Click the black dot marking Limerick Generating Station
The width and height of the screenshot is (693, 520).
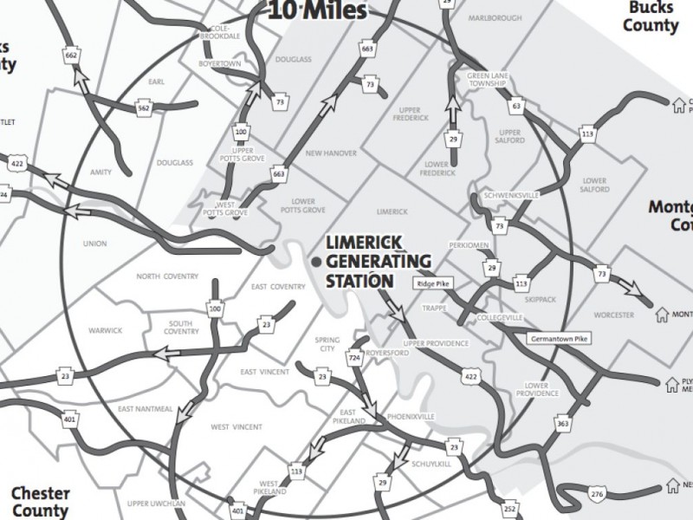[317, 261]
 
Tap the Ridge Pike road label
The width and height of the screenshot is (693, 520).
[436, 283]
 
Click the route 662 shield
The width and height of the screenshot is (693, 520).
[72, 55]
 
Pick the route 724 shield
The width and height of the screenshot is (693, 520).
[353, 357]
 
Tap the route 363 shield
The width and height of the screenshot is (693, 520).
[562, 425]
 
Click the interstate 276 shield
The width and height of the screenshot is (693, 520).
[598, 493]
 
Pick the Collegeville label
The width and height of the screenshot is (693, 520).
[500, 318]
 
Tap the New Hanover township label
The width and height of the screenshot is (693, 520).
[332, 153]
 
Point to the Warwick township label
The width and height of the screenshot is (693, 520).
[106, 330]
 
